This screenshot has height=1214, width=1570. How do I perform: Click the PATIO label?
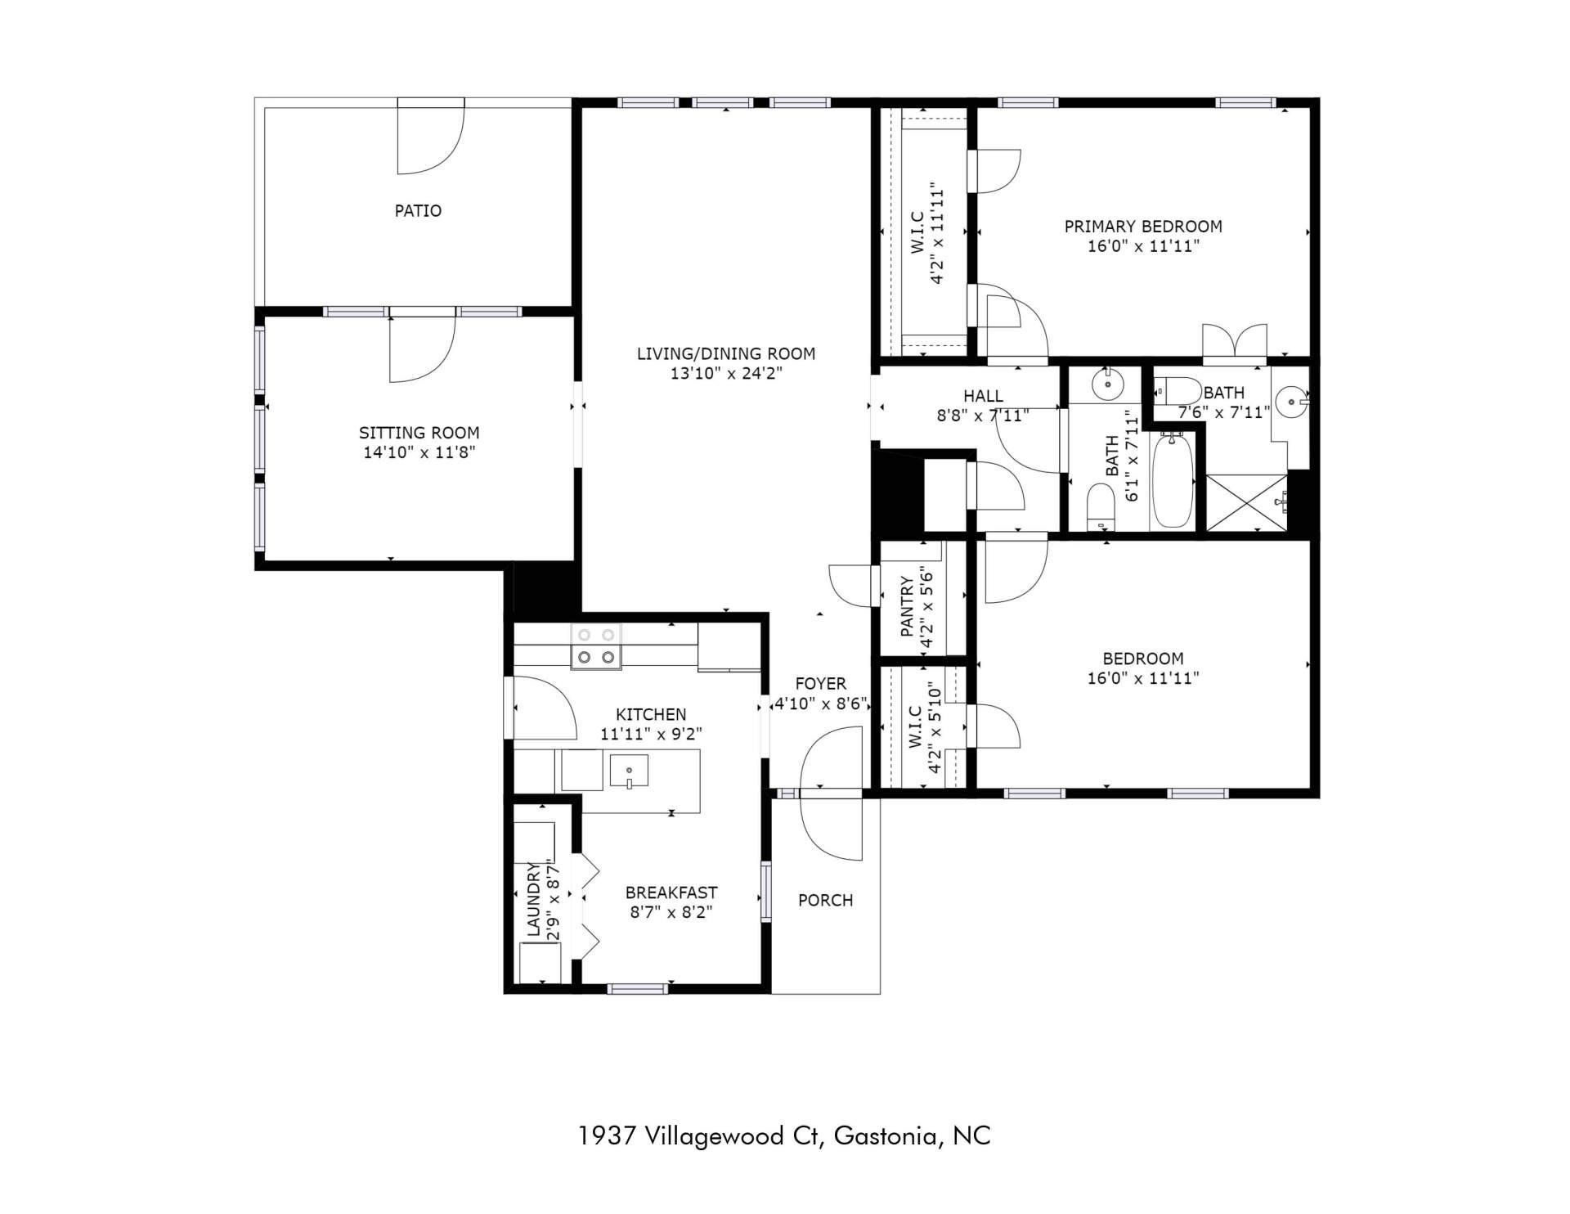418,211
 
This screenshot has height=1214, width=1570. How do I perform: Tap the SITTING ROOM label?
419,433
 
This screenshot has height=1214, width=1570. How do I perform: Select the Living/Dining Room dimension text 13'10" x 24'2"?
726,374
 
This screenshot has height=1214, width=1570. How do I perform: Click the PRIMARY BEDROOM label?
1143,227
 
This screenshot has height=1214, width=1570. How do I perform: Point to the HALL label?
983,397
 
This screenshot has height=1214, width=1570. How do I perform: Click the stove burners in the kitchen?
595,646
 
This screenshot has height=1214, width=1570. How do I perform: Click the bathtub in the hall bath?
1173,481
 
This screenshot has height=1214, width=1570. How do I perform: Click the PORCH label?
825,901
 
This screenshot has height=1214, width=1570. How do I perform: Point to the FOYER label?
820,684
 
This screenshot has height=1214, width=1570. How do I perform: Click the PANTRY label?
907,607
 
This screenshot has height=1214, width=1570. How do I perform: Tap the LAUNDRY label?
533,899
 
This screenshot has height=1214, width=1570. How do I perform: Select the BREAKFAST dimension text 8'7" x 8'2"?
671,912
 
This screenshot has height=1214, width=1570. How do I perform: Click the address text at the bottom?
784,1135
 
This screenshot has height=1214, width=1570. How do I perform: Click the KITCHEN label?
651,714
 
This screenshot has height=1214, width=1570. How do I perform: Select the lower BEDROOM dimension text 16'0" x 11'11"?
1143,678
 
